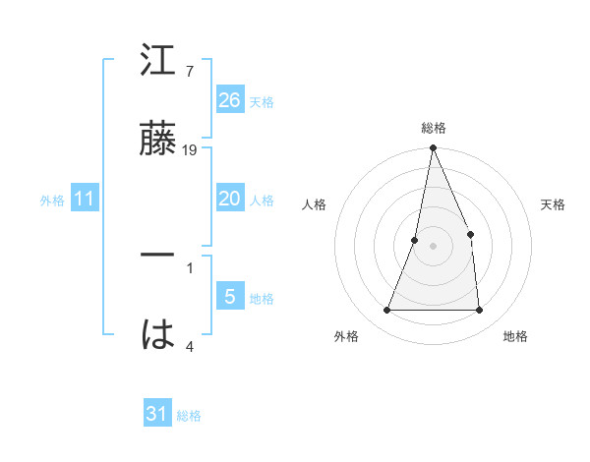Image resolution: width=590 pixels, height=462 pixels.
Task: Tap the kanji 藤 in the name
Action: pos(159,141)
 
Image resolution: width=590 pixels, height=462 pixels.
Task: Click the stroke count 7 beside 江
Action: pos(189,71)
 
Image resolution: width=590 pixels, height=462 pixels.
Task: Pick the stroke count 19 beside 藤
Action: pos(191,150)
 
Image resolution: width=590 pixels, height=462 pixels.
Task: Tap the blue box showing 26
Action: pos(230,100)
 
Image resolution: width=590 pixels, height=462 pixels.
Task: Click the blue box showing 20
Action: pos(230,199)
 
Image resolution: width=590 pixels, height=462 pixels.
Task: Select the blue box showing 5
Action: pos(230,297)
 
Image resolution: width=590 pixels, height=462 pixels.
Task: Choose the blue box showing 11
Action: pos(85,199)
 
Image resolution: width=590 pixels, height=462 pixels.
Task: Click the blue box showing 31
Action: pos(157,414)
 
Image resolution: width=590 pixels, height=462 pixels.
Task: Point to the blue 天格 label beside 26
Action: pos(262,101)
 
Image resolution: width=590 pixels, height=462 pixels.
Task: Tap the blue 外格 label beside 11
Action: pos(52,200)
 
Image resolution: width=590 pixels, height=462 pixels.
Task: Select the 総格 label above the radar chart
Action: pos(433,128)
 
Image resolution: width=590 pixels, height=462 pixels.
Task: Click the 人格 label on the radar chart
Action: pos(314,204)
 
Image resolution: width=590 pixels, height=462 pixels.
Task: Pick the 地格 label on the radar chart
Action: pos(515,337)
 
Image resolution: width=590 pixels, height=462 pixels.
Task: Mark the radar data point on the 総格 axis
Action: pos(433,148)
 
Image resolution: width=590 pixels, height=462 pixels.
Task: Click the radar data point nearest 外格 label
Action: pos(387,311)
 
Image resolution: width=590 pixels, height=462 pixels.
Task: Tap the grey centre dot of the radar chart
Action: pos(433,245)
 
